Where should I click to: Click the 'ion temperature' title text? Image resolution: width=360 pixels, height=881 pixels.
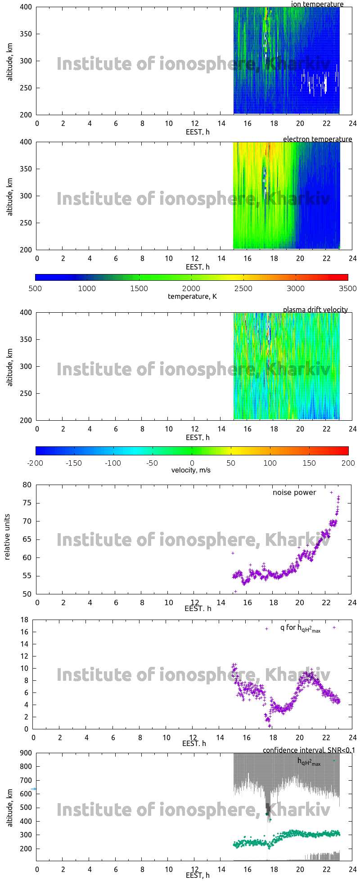click(317, 4)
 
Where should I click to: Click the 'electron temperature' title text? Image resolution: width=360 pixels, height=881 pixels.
click(317, 139)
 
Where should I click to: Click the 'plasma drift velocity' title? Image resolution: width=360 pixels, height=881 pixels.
click(315, 310)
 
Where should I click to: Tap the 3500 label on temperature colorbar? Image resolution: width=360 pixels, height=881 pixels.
click(348, 288)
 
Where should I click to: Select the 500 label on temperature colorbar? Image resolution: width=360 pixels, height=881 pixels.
click(35, 288)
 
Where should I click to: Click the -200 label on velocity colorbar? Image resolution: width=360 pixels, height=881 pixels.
click(35, 463)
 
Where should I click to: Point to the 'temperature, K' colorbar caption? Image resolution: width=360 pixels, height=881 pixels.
click(192, 296)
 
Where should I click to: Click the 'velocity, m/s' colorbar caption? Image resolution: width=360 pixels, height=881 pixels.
click(191, 470)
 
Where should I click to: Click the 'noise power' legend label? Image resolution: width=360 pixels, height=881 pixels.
click(294, 492)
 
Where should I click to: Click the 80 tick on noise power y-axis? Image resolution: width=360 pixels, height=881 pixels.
click(27, 485)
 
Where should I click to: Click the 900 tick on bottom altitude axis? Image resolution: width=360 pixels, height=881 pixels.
click(25, 753)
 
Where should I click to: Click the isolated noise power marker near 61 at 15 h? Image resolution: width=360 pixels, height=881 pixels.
click(233, 553)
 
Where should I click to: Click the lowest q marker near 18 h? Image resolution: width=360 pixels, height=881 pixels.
click(270, 726)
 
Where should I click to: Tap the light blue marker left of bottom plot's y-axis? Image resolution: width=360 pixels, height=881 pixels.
click(34, 789)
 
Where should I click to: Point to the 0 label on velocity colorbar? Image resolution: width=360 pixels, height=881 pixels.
click(192, 463)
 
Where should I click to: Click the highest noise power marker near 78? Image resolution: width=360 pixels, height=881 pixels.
click(332, 492)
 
